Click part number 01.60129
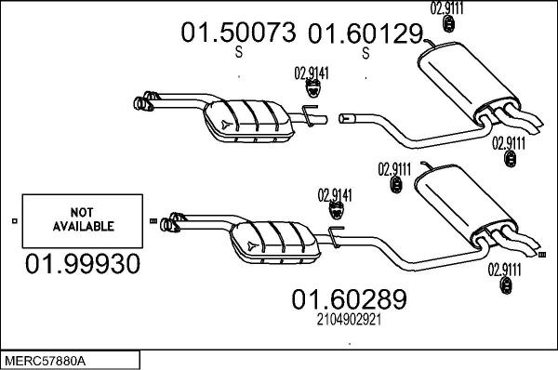coord(365,34)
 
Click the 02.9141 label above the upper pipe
coord(311,73)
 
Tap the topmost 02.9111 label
coord(447,8)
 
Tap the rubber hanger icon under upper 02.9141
coord(314,90)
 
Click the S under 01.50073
coord(238,53)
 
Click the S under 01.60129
coord(365,53)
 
